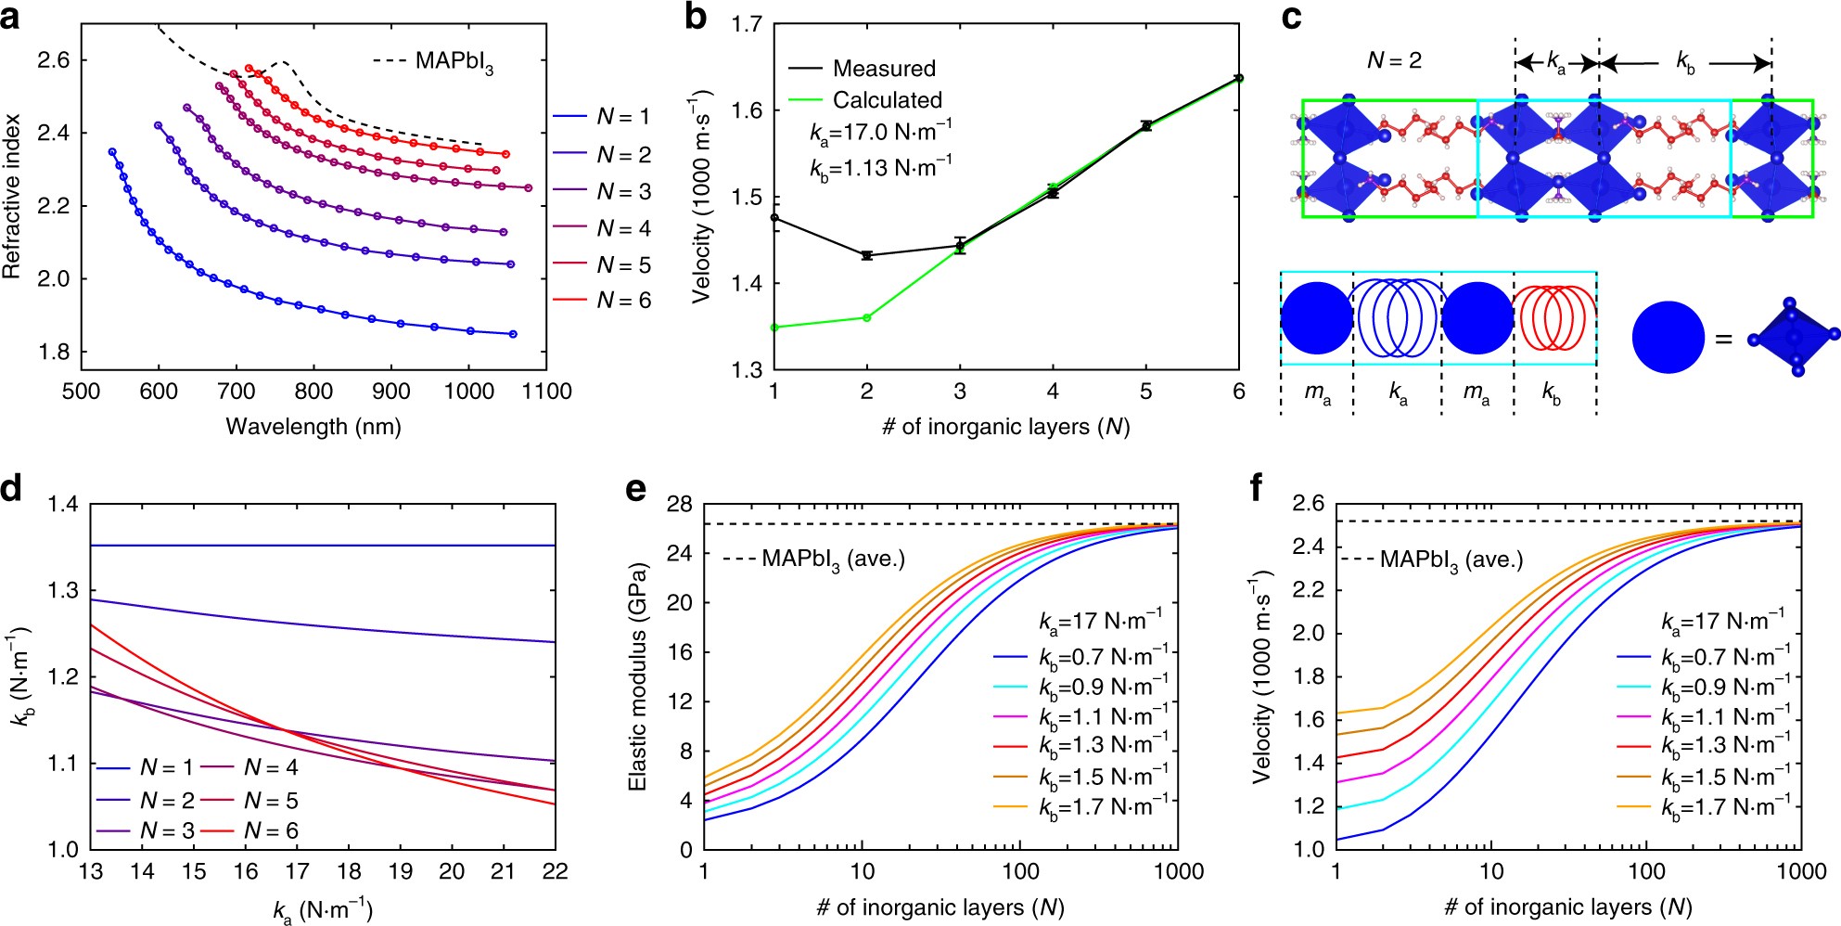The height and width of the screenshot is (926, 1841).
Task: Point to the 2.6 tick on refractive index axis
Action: [53, 60]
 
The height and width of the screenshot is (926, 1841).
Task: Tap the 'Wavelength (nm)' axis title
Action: [313, 427]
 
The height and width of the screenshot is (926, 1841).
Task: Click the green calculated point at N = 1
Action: [774, 328]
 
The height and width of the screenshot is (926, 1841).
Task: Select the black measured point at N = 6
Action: [1239, 78]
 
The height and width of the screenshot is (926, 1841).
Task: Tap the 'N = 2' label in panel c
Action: [1393, 61]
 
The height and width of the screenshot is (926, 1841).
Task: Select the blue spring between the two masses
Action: [1397, 318]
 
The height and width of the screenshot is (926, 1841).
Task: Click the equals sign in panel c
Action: [1723, 340]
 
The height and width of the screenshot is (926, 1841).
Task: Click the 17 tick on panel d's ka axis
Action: [297, 871]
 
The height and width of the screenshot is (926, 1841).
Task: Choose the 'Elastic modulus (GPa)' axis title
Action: [637, 676]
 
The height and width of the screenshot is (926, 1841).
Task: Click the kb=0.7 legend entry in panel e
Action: [1102, 658]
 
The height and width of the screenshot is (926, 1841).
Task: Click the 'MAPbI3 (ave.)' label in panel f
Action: [1451, 560]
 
